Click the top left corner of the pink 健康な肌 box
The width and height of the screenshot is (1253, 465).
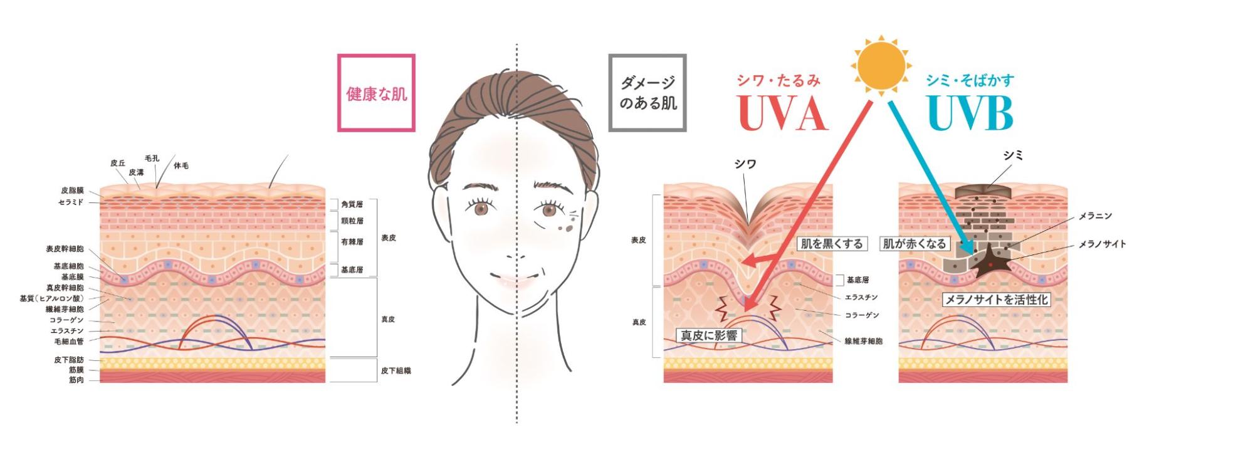click(338, 55)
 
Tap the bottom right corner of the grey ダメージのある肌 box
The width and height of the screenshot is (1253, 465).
click(686, 130)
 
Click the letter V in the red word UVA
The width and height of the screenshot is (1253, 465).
click(781, 113)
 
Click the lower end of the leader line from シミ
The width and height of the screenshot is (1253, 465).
click(985, 186)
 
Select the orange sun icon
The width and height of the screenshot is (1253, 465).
click(881, 66)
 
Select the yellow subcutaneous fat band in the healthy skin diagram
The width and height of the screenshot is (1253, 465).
click(212, 363)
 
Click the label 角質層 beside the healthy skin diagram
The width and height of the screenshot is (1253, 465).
click(352, 204)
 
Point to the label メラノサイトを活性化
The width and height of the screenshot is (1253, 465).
click(996, 300)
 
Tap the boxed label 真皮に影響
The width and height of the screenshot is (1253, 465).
click(709, 335)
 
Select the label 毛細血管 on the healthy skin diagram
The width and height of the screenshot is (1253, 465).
click(69, 342)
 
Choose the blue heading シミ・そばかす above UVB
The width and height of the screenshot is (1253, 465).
click(970, 80)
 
